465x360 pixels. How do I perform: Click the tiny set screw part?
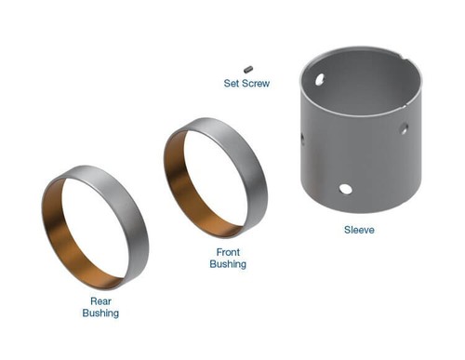[x=248, y=67]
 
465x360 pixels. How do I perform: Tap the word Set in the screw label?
[x=232, y=84]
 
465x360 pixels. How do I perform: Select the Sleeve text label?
[x=358, y=230]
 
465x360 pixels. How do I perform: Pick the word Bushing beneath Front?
[x=228, y=264]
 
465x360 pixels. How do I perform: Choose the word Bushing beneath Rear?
[x=100, y=313]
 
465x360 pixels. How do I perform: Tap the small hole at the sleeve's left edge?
[x=301, y=140]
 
